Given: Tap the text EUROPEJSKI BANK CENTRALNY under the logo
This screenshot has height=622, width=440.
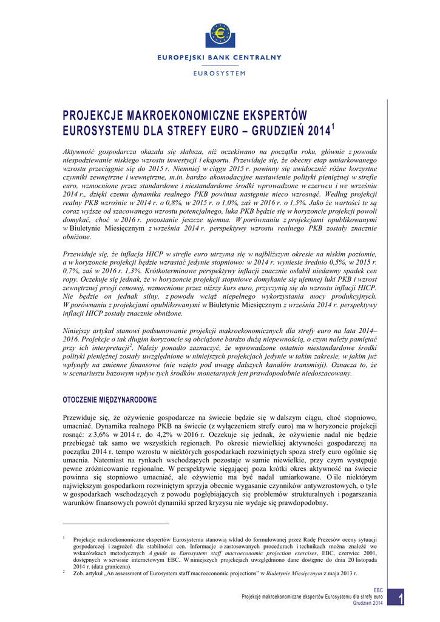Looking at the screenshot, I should (x=220, y=58).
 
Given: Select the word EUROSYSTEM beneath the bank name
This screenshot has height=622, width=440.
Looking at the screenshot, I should (x=220, y=73).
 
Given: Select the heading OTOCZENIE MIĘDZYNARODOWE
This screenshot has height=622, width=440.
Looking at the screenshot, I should (x=110, y=400).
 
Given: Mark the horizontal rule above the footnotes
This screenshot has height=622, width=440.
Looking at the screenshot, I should (x=116, y=523).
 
